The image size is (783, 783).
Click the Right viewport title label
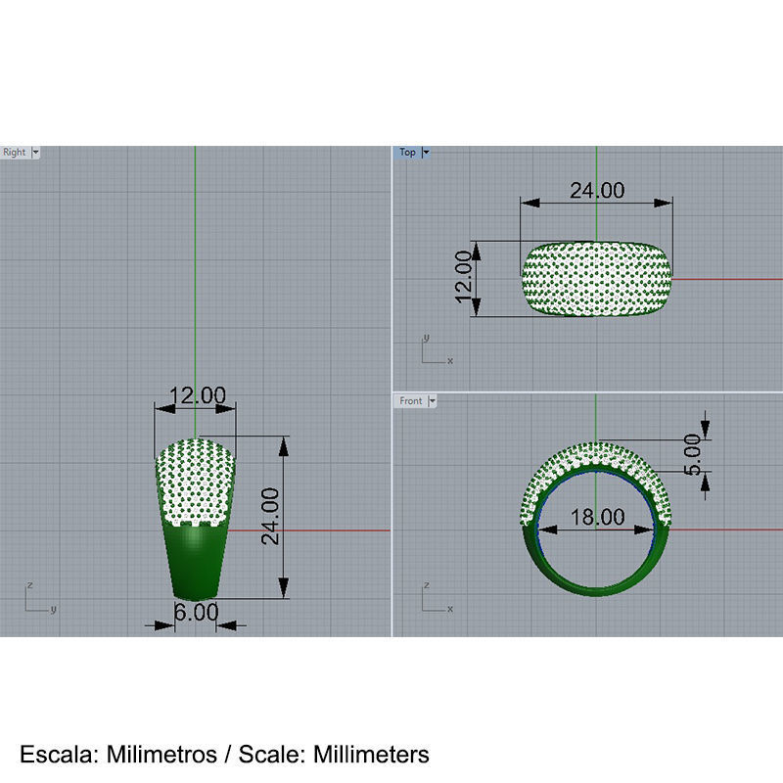pos(15,153)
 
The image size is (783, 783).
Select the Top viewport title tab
pos(407,153)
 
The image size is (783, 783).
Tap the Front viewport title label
pos(411,401)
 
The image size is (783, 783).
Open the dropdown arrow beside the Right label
pos(36,153)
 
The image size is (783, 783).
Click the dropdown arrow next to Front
pos(432,401)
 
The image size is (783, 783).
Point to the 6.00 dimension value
pos(195,612)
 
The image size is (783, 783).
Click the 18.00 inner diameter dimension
pos(597,517)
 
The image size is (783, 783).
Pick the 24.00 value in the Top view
pos(597,190)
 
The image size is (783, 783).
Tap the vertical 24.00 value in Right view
pos(269,516)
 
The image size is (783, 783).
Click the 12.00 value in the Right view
pos(197,395)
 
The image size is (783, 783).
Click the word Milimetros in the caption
pos(161,755)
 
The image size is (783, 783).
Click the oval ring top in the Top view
pos(597,280)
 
